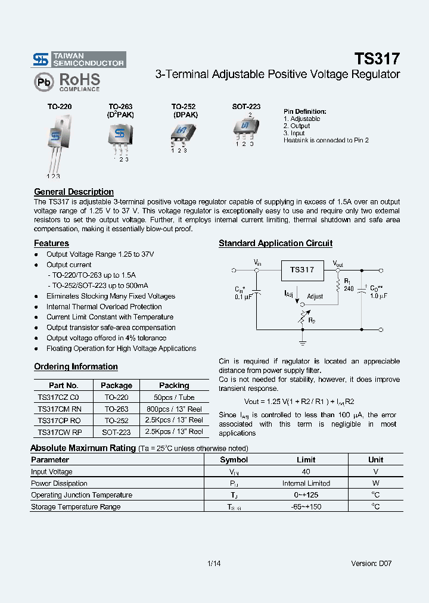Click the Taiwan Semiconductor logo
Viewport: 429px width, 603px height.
point(78,58)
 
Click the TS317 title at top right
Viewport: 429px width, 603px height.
point(377,58)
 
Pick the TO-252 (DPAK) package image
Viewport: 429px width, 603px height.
point(182,133)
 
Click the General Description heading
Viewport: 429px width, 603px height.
point(74,192)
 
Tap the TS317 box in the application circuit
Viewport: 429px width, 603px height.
point(302,270)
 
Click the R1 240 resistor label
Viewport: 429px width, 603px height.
point(348,284)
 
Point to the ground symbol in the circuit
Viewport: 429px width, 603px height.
point(302,342)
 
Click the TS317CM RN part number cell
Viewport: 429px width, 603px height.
point(58,409)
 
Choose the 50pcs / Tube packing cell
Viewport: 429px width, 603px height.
point(174,397)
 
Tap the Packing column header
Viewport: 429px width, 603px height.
point(174,386)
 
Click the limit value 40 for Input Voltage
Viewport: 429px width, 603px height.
point(306,471)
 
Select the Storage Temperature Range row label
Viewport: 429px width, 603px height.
point(76,506)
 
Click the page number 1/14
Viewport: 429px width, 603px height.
point(214,563)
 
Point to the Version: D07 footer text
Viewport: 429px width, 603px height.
point(371,563)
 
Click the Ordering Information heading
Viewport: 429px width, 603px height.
point(76,366)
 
